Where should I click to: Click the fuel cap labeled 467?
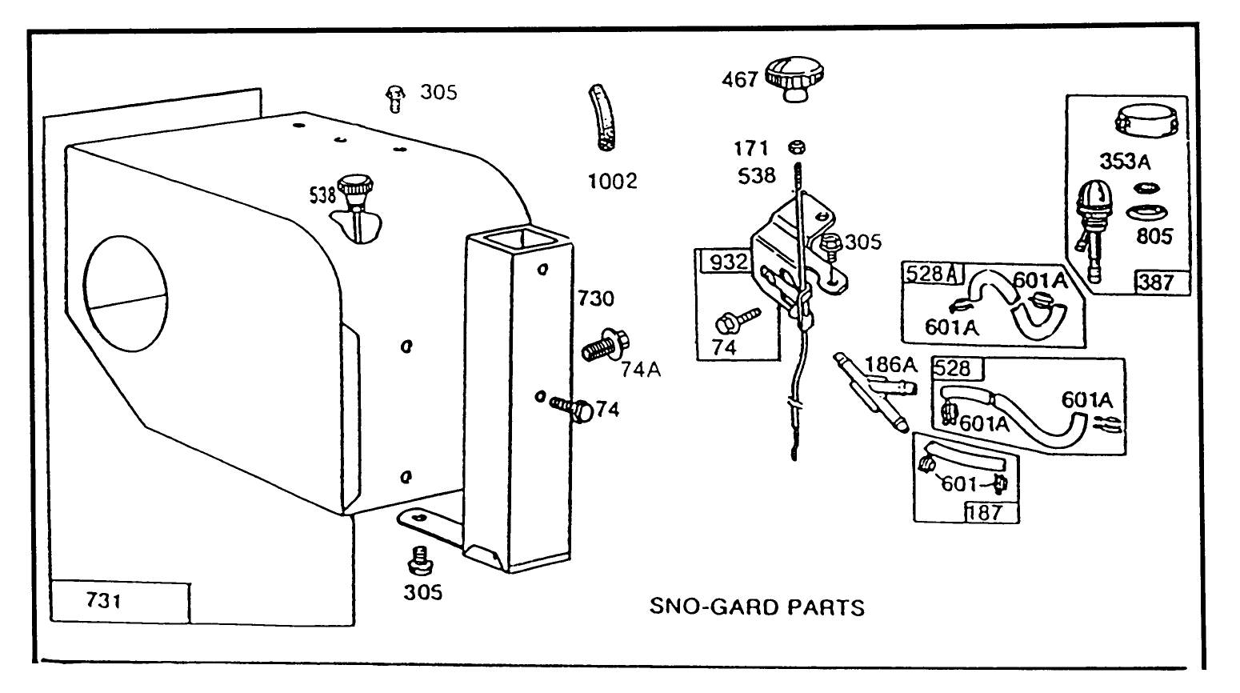[x=795, y=78]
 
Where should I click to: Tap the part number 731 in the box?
[x=103, y=600]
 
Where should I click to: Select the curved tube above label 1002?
[x=602, y=118]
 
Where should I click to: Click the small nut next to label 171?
[x=796, y=147]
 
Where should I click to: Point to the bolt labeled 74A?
[x=605, y=346]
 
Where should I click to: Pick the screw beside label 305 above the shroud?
[x=393, y=97]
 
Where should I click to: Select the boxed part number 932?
[x=726, y=262]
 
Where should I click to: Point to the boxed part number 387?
[x=1156, y=282]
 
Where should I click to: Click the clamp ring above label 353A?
[x=1147, y=122]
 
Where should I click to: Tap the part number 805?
[x=1154, y=236]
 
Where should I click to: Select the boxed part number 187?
[x=985, y=512]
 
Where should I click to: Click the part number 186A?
[x=890, y=365]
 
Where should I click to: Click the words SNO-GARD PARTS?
[x=756, y=607]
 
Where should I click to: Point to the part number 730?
[x=596, y=298]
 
